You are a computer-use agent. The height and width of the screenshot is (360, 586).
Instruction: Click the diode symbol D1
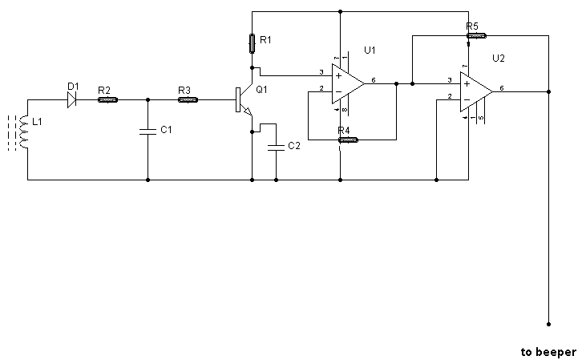point(72,99)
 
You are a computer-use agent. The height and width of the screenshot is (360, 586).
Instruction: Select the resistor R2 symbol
point(108,99)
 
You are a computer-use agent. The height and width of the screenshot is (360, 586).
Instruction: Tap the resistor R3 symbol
point(188,99)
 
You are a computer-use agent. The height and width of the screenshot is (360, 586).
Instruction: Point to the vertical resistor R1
point(253,44)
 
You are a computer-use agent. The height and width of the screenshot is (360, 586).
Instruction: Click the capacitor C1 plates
point(148,131)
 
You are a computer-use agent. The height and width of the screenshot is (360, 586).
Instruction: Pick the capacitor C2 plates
point(277,148)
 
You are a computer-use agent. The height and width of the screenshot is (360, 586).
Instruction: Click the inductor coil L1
point(23,132)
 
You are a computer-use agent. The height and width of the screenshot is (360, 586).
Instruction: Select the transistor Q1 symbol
point(244,99)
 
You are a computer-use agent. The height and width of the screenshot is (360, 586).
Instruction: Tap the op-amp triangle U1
point(348,83)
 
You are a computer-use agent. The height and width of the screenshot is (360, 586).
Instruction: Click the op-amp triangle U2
point(476,92)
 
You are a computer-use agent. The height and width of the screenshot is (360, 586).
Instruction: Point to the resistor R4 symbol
point(348,140)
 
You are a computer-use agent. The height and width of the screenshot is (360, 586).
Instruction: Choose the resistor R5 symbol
point(476,36)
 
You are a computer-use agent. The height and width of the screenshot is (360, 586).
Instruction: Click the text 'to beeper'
point(548,352)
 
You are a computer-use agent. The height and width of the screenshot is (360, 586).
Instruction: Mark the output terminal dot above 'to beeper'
point(548,325)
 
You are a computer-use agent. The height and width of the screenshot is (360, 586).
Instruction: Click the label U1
point(370,50)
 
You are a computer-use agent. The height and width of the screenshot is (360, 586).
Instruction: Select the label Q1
point(261,90)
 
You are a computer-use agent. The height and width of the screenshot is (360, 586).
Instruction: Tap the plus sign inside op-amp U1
point(338,76)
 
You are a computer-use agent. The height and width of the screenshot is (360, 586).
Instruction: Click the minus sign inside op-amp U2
point(467,99)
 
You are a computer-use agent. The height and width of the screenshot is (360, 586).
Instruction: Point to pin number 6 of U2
point(502,88)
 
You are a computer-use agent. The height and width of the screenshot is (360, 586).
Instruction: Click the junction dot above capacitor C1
point(148,99)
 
